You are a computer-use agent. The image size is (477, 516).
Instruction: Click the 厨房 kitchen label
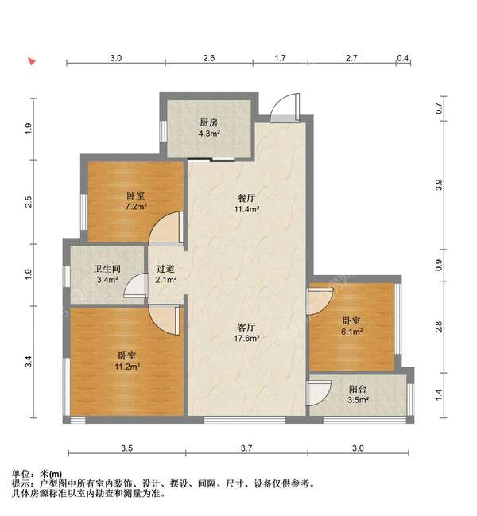209,122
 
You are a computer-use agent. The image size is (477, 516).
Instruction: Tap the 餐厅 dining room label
247,199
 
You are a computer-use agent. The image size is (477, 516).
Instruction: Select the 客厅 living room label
247,326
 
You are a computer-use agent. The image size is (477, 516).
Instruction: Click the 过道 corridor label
165,269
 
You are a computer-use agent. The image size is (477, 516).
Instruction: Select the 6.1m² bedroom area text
351,332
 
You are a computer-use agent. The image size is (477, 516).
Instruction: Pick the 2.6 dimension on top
208,58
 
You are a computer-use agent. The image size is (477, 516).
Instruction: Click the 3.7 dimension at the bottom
246,448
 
